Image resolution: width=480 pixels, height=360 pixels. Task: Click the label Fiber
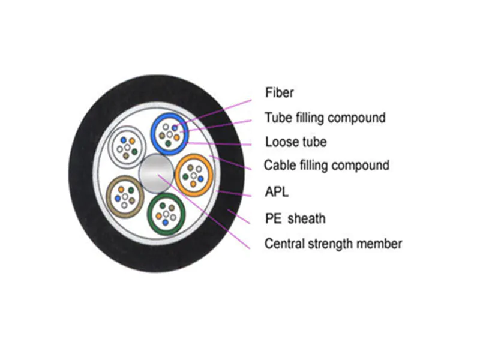click(x=280, y=93)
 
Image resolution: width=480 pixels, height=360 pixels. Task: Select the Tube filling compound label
click(x=325, y=118)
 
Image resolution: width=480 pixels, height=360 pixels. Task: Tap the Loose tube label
click(x=296, y=142)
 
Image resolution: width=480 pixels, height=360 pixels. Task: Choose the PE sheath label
click(x=295, y=218)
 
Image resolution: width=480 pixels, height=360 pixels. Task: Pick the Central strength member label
click(x=333, y=244)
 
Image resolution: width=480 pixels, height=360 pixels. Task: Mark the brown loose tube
click(x=125, y=196)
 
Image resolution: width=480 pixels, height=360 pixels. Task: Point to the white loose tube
click(x=127, y=146)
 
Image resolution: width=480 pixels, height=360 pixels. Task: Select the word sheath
click(x=307, y=218)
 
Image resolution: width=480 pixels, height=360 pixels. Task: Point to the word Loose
click(x=280, y=142)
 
